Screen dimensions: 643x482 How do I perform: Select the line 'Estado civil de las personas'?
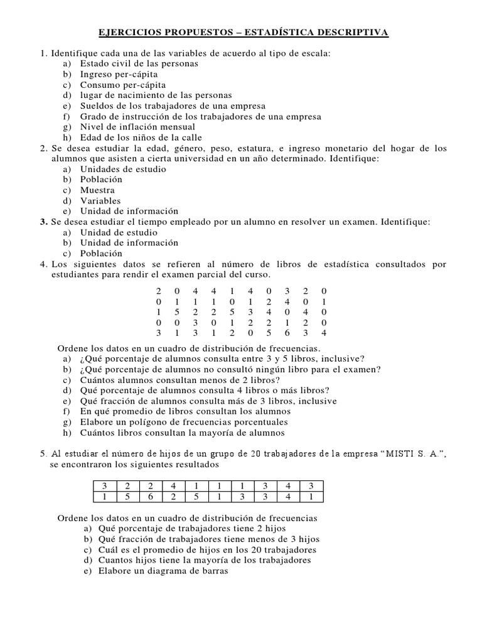click(139, 63)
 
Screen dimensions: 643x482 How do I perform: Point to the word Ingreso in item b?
click(97, 74)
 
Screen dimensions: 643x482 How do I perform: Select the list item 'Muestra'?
click(97, 190)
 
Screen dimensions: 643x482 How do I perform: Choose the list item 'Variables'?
click(100, 201)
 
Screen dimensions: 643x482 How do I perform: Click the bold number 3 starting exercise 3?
click(43, 222)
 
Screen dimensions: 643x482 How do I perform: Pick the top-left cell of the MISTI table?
click(105, 485)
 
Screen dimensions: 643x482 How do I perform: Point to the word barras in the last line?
click(213, 571)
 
